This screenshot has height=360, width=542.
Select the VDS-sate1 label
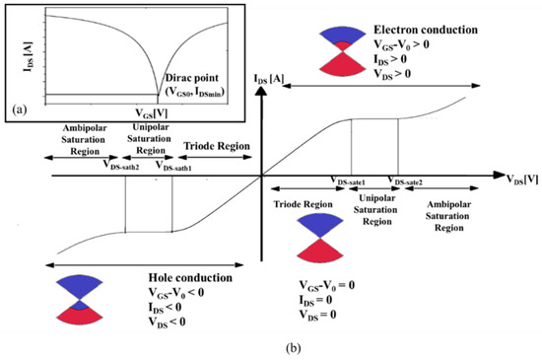[x=351, y=182]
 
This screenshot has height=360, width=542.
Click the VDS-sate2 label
[x=407, y=182]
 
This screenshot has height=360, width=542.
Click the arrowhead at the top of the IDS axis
[x=261, y=88]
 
